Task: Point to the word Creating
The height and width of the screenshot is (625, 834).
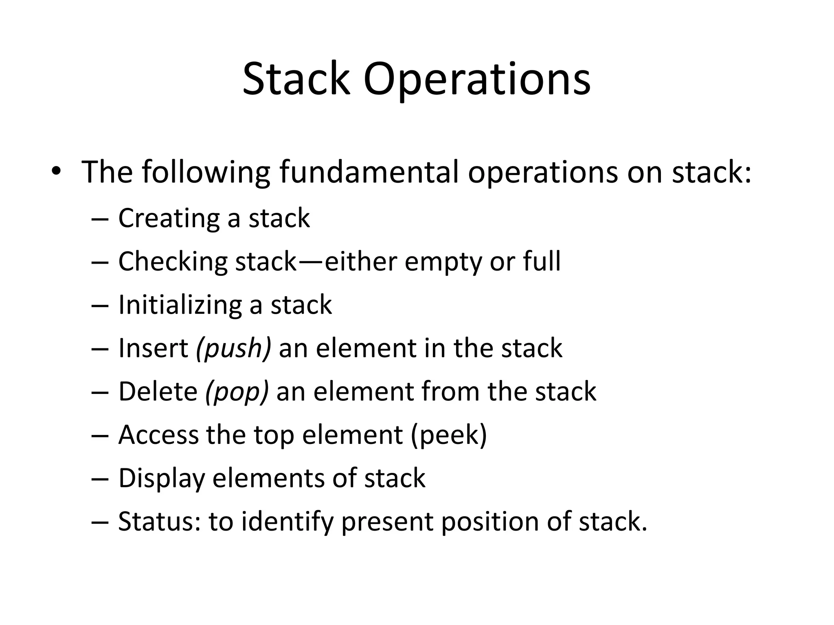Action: click(x=169, y=219)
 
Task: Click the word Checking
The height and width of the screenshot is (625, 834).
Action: click(x=173, y=262)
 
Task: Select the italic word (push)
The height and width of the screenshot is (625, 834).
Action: click(x=233, y=349)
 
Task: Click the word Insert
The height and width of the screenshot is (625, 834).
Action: click(x=153, y=348)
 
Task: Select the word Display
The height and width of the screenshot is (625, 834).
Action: click(x=161, y=479)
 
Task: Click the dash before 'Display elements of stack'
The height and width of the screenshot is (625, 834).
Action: click(x=100, y=479)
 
